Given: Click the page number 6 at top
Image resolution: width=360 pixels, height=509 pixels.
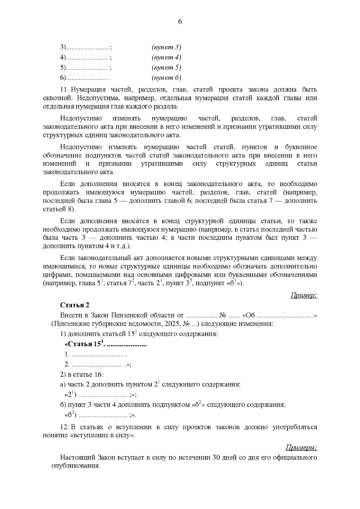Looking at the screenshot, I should pyautogui.click(x=180, y=22).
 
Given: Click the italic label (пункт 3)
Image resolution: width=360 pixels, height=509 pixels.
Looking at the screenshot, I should pyautogui.click(x=166, y=47).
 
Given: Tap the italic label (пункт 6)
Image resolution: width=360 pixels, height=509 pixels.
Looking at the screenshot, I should pyautogui.click(x=166, y=78).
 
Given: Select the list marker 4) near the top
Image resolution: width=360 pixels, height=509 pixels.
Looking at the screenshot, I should pyautogui.click(x=63, y=58).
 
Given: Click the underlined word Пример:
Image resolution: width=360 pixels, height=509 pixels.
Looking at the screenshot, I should pyautogui.click(x=304, y=295).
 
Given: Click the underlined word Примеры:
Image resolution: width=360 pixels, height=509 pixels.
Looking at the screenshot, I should pyautogui.click(x=301, y=448).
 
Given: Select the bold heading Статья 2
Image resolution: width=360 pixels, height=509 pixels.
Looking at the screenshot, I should pyautogui.click(x=75, y=305).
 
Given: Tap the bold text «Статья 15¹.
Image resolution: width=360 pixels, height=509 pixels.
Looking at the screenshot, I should pyautogui.click(x=85, y=344).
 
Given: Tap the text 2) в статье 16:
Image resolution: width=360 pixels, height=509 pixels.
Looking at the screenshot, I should pyautogui.click(x=82, y=375).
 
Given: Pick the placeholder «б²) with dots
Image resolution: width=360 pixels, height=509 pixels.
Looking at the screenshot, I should pyautogui.click(x=71, y=415).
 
